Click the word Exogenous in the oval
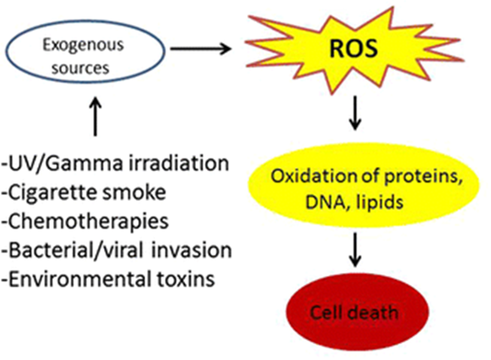[83, 45]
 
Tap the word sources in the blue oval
[80, 68]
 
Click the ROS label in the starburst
[354, 49]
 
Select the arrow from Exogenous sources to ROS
[200, 49]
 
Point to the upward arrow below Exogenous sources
[95, 117]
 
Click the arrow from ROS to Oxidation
[355, 112]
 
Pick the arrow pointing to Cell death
[355, 250]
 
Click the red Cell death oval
[357, 312]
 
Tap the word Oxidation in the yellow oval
[314, 177]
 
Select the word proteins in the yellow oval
[424, 177]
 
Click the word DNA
[323, 202]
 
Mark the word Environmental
[77, 278]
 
